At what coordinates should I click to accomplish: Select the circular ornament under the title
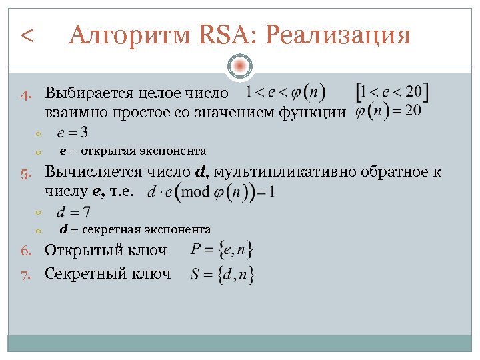[x=239, y=66]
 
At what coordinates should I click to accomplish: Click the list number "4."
[x=27, y=94]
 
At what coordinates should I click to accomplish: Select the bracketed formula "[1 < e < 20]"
[x=392, y=91]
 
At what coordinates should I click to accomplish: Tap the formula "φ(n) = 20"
[x=388, y=110]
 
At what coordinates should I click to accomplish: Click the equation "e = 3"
[x=74, y=132]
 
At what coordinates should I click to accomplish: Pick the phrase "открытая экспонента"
[x=141, y=151]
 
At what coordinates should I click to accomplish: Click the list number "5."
[x=27, y=173]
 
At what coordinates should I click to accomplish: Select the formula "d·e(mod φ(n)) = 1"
[x=211, y=192]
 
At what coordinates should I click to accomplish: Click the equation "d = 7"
[x=73, y=213]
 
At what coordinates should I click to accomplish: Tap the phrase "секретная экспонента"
[x=144, y=229]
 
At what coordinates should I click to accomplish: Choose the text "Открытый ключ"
[x=105, y=251]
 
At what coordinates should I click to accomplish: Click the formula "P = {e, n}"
[x=221, y=251]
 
